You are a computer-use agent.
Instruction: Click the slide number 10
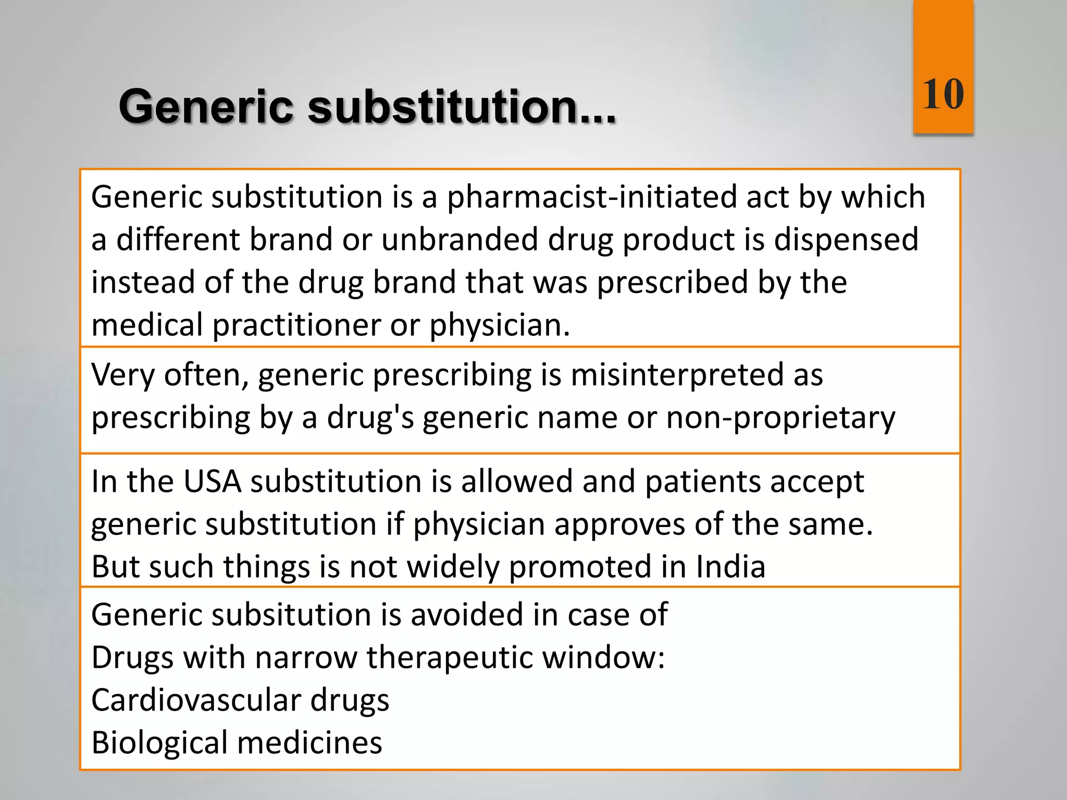[943, 94]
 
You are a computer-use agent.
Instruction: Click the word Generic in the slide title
[206, 107]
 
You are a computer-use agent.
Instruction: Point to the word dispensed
[846, 240]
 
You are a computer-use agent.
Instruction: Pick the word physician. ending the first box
[500, 325]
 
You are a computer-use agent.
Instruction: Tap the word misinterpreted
[677, 374]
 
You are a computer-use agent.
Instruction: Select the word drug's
[370, 418]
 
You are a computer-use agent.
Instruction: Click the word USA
[212, 481]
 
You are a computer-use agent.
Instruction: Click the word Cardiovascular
[196, 700]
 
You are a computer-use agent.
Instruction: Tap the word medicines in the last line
[309, 743]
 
